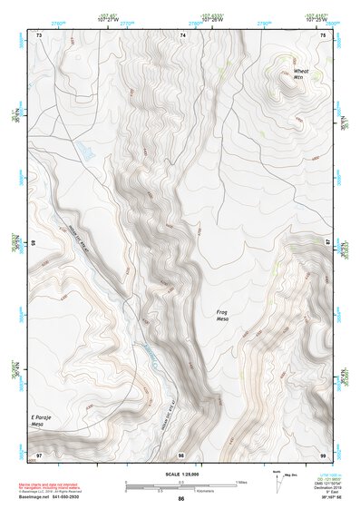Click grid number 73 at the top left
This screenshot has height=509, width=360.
[x=39, y=34]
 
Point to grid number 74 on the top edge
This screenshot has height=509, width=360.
[x=183, y=34]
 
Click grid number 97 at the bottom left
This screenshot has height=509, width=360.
[x=38, y=454]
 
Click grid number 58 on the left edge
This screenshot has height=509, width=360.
[x=34, y=243]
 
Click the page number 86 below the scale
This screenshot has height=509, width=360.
[x=181, y=499]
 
